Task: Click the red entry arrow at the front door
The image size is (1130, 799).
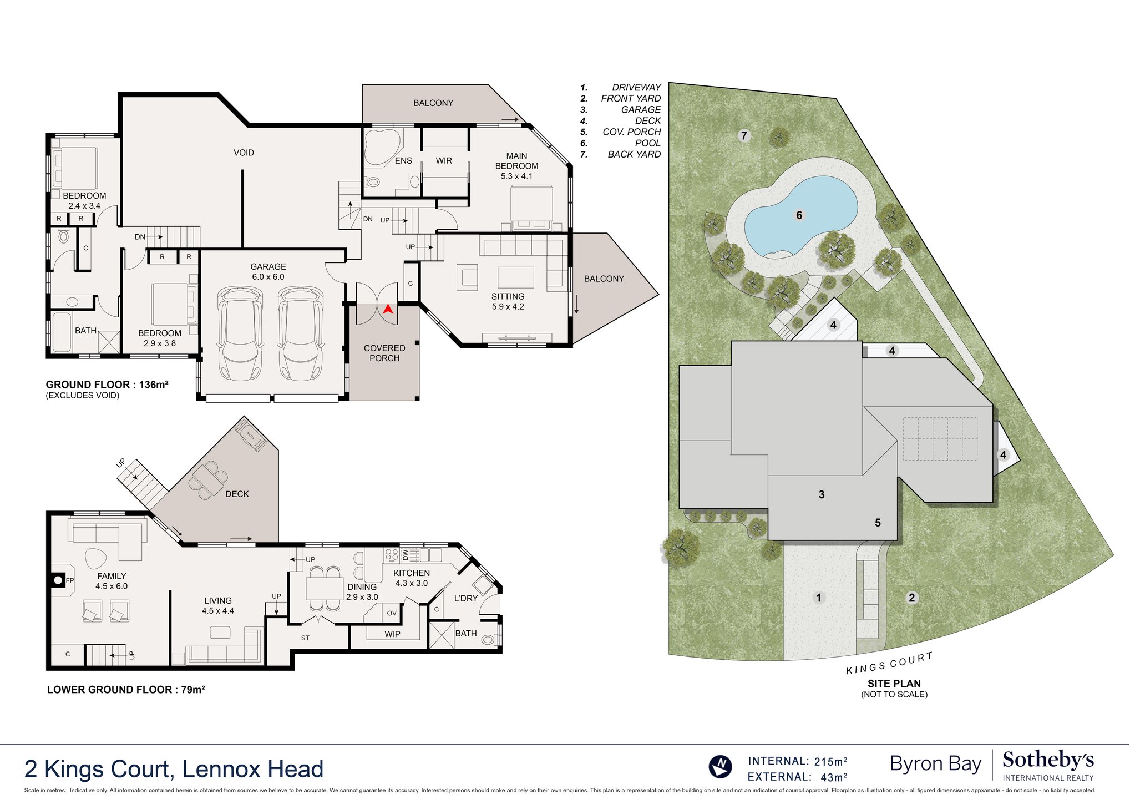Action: (x=388, y=309)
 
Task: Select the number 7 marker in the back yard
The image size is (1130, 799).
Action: (x=744, y=135)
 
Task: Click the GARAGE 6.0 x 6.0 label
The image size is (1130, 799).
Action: (x=268, y=271)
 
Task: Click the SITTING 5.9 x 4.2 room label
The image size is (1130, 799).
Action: (x=508, y=301)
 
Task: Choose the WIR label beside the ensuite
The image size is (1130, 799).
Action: (x=444, y=161)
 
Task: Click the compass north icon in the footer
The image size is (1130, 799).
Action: (x=721, y=767)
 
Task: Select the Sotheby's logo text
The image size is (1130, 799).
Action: (x=1048, y=760)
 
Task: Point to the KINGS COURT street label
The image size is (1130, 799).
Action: (x=889, y=664)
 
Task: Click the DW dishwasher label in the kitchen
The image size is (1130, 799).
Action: (x=406, y=554)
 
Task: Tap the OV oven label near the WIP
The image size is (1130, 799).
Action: (x=392, y=613)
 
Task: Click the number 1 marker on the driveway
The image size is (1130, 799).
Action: (x=819, y=598)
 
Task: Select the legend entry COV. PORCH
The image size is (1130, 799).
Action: (x=631, y=132)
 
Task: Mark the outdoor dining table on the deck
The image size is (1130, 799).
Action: (x=207, y=479)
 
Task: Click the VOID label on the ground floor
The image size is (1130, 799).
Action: (x=244, y=153)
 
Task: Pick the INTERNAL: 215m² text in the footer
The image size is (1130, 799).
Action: (x=797, y=761)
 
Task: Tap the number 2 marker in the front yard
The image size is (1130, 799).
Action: (x=911, y=598)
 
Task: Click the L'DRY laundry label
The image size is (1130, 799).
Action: (x=465, y=598)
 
